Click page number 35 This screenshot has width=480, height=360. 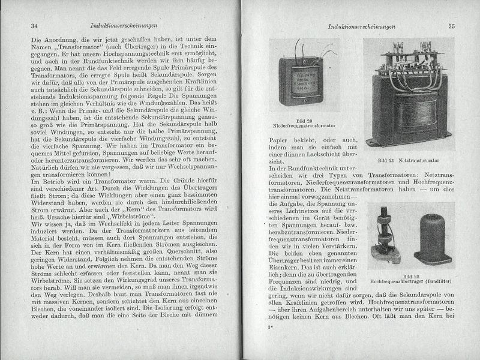451,26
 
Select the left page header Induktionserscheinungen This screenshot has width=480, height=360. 123,27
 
